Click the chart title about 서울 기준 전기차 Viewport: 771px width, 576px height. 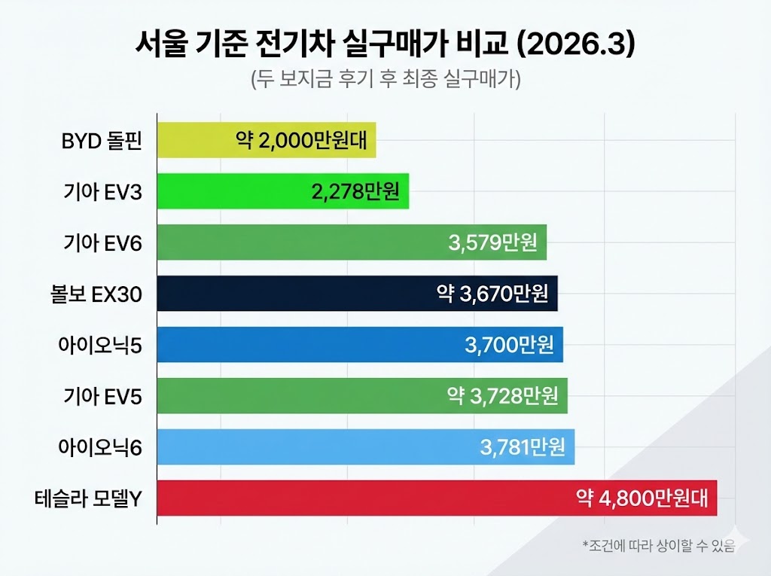coord(385,43)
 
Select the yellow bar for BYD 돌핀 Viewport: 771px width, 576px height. coord(196,141)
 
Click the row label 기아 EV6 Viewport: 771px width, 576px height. coord(102,242)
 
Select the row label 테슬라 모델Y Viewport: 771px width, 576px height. coord(87,498)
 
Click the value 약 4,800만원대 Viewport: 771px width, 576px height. coord(642,498)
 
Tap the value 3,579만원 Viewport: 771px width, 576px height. coord(492,242)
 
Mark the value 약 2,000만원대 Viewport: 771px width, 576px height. coord(304,141)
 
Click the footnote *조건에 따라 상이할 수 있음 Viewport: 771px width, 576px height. coord(658,545)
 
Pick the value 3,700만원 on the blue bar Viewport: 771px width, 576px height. coord(509,345)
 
